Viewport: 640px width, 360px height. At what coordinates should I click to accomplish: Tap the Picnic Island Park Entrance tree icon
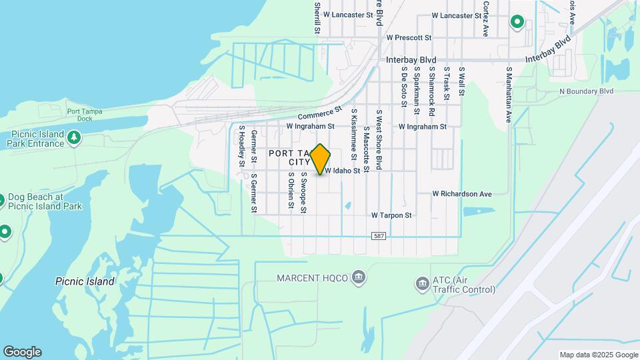(75, 138)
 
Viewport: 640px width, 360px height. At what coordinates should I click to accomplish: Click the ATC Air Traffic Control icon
(421, 285)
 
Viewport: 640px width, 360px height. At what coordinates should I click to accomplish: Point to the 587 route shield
(379, 237)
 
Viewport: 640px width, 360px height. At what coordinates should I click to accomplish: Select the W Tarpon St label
(391, 215)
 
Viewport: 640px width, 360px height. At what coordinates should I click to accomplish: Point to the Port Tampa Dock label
(84, 115)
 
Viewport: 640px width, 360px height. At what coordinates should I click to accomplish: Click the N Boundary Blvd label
(586, 91)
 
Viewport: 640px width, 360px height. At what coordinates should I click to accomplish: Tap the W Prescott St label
(409, 38)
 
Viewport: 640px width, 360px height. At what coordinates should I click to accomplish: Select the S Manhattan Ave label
(509, 94)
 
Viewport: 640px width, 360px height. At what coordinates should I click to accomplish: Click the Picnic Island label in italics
(85, 282)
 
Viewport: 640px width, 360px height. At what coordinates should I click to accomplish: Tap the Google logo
(22, 352)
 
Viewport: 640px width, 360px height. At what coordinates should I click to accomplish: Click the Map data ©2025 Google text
(598, 355)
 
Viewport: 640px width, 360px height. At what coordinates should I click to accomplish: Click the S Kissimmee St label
(354, 136)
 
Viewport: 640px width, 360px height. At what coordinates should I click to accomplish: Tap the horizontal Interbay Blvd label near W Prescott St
(411, 59)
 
